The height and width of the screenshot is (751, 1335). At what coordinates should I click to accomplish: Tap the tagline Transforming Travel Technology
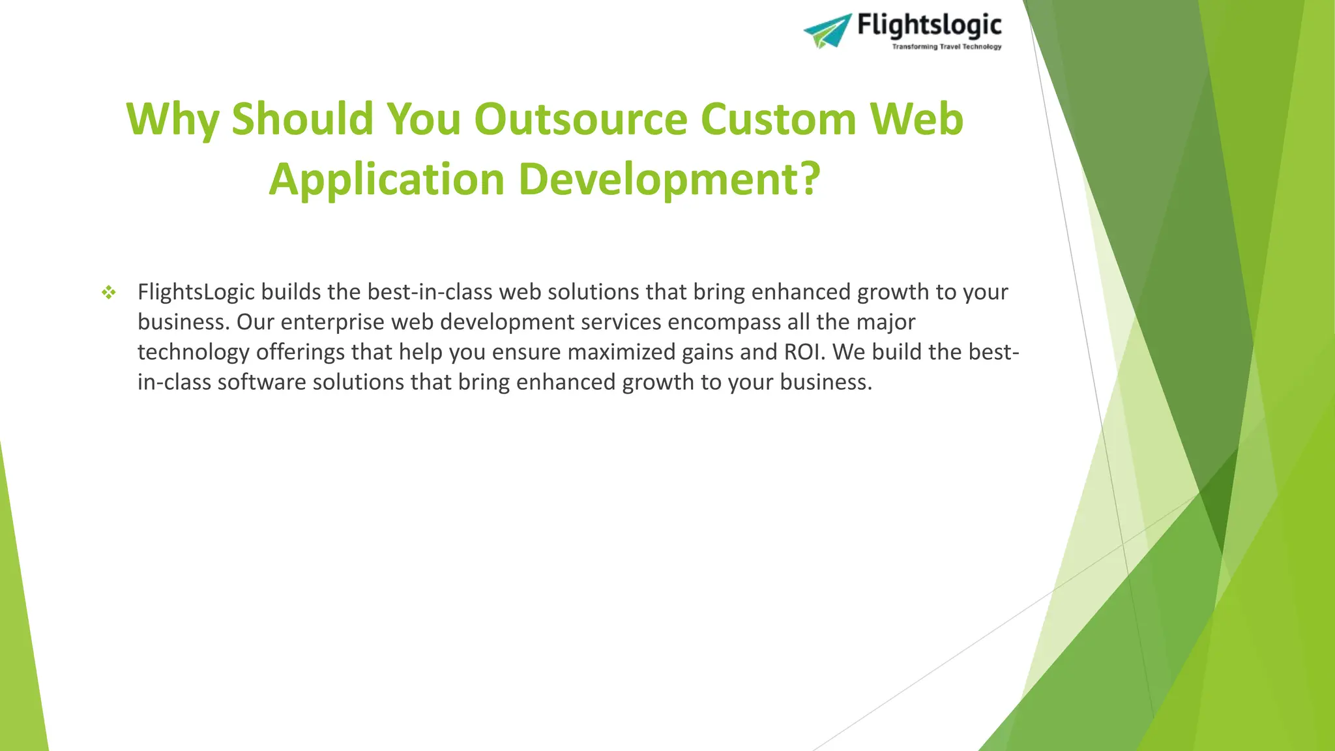click(x=946, y=47)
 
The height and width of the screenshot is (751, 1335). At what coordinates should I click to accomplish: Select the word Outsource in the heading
click(x=580, y=119)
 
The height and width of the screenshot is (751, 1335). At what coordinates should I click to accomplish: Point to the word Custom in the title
click(x=778, y=119)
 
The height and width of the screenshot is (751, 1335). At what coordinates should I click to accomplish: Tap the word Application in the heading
click(x=387, y=179)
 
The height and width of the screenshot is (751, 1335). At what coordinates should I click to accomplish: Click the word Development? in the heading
click(x=669, y=179)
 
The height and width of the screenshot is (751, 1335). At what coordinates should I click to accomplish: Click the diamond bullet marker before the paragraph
click(x=109, y=293)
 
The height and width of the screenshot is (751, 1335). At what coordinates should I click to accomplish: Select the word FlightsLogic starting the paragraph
click(x=196, y=292)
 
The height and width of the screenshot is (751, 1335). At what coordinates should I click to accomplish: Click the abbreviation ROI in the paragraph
click(x=805, y=352)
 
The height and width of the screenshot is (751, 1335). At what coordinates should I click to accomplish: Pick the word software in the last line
click(x=261, y=382)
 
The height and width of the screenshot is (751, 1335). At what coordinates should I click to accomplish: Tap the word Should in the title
click(x=302, y=119)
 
